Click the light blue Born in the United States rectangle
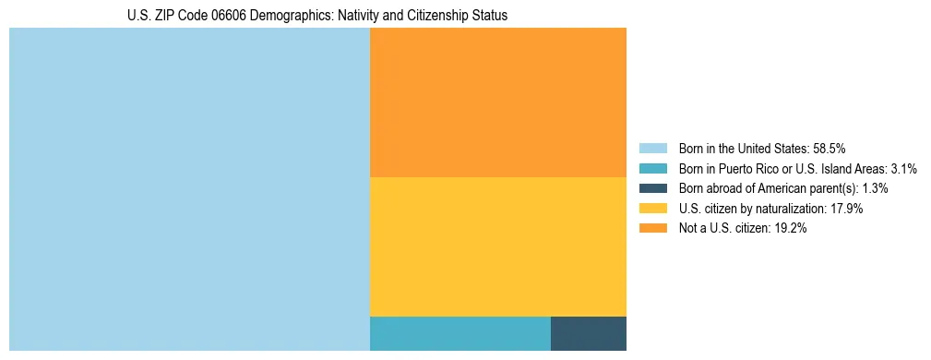pos(189,189)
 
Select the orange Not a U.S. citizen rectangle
pos(497,102)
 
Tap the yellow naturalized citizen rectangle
pos(497,246)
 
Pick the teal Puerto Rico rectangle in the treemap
pos(460,333)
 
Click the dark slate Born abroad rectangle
pos(588,333)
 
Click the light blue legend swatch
pos(652,149)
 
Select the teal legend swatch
pos(652,169)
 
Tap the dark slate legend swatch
pos(652,188)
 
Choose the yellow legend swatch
pos(652,209)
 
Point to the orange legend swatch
pos(652,229)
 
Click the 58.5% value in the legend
pos(829,149)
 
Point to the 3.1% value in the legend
pos(903,169)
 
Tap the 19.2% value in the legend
pos(790,229)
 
